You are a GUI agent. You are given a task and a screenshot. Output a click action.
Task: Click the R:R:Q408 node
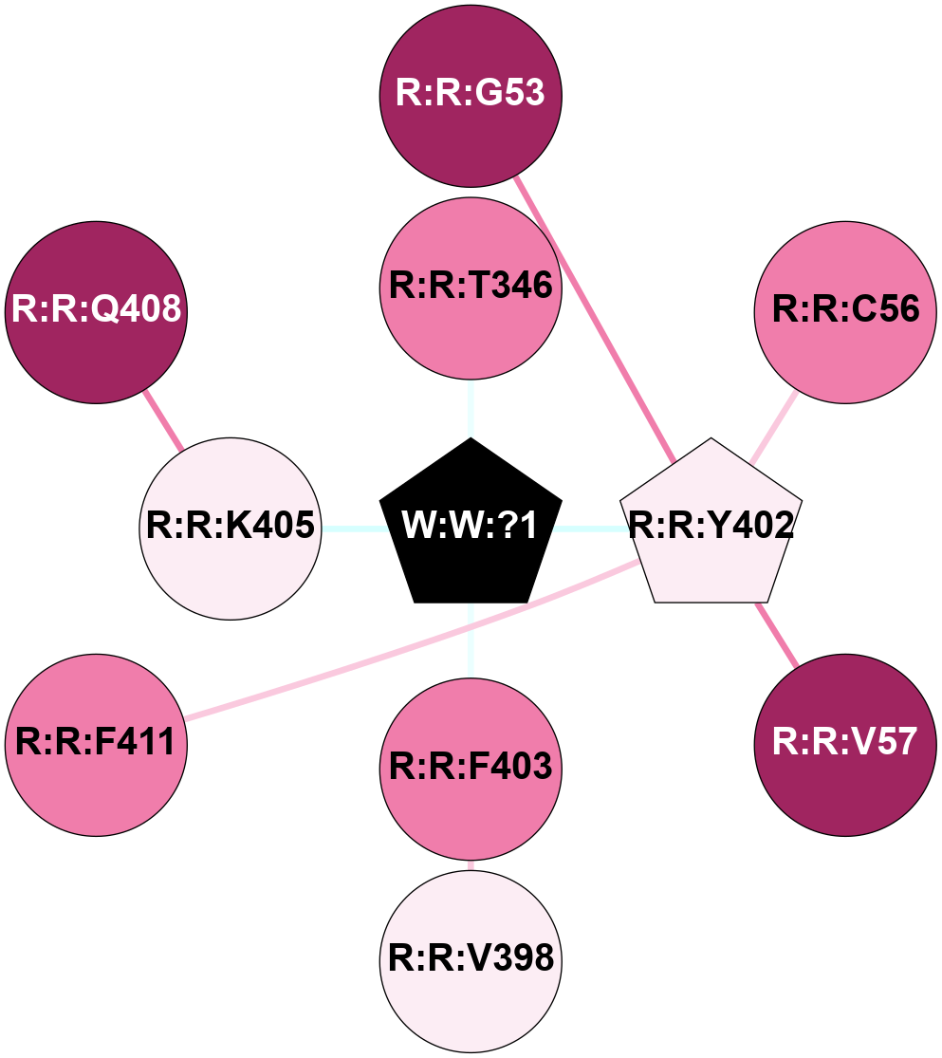click(96, 311)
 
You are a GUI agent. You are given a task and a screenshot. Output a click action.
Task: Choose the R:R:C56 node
click(845, 311)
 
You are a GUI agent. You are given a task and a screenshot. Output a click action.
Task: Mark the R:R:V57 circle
click(845, 744)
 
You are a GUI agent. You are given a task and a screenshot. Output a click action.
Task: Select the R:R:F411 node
click(96, 744)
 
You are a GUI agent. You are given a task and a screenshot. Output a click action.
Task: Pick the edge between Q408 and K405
click(162, 419)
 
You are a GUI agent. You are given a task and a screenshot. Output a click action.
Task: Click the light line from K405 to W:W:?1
click(351, 528)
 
